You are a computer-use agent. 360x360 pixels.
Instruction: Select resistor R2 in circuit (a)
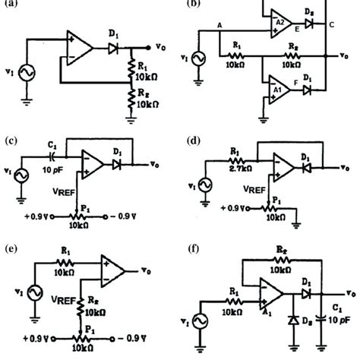[131, 98]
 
